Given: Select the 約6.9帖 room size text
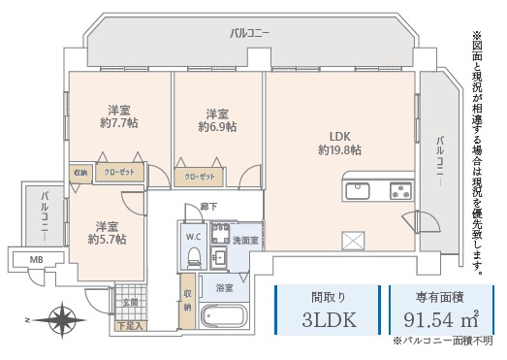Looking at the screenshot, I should pos(217,126).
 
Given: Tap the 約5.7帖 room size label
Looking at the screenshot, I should pos(107,239).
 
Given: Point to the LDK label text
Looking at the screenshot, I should pos(339,136).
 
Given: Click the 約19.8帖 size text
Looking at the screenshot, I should pos(339,150).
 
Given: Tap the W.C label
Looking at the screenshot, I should pos(192,236).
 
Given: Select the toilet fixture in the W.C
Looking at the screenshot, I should pos(193,258).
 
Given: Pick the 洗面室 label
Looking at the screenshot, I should pos(245,239).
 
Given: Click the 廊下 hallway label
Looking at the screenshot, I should pos(208,207).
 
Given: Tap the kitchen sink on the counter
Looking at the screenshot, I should pos(358,188).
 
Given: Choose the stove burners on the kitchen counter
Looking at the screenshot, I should pos(400,188).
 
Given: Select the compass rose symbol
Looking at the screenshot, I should pos(64,318).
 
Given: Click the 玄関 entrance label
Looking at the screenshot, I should pos(129,303).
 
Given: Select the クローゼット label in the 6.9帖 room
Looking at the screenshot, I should pos(200,177).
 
